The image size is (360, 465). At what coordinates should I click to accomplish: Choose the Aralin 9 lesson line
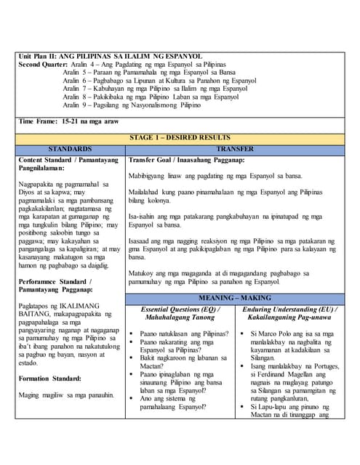[142, 104]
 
